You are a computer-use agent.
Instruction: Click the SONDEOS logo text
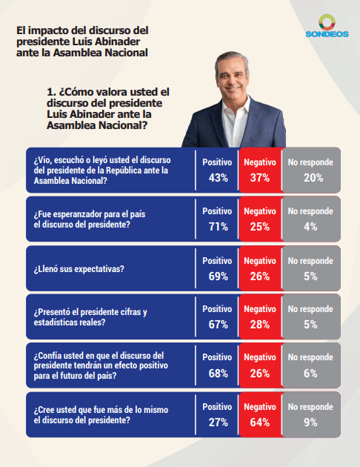[327, 34]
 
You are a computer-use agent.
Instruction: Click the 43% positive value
[218, 178]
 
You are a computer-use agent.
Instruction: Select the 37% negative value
[260, 178]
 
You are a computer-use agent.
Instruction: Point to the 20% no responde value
[313, 178]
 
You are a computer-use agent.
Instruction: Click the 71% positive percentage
[218, 227]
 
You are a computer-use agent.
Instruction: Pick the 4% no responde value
[310, 227]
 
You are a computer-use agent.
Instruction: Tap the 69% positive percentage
[218, 276]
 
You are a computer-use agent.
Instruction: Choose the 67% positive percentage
[218, 325]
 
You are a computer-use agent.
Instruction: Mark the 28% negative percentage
[260, 325]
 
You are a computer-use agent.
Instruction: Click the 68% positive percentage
[218, 374]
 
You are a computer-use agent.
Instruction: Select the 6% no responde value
[310, 374]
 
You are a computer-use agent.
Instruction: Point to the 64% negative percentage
[260, 423]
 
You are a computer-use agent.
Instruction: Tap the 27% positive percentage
[218, 423]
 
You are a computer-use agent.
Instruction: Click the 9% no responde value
[310, 423]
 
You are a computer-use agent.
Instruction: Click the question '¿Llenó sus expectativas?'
[79, 269]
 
